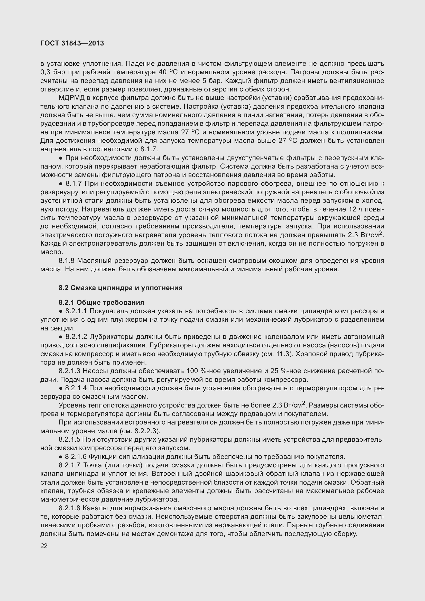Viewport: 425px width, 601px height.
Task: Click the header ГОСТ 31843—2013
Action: click(72, 43)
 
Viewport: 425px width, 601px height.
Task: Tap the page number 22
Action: click(44, 546)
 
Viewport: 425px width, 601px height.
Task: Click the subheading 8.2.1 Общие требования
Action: click(101, 303)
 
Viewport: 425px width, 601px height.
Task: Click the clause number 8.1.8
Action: click(67, 261)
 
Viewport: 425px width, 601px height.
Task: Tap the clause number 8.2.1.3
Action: click(70, 371)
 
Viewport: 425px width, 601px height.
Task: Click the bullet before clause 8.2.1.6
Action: click(60, 457)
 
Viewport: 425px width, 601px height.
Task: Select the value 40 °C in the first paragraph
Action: click(168, 72)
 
